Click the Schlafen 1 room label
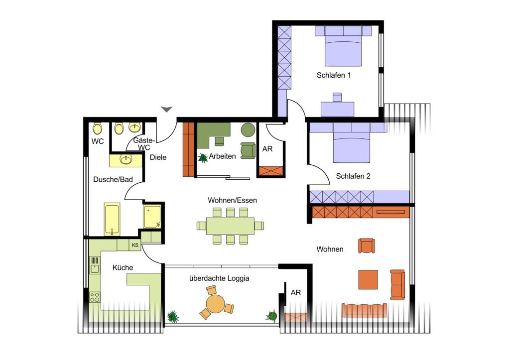point(334,75)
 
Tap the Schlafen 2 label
point(353,176)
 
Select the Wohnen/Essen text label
point(232,200)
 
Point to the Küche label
point(123,268)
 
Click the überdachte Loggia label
point(219,278)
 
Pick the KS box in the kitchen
point(135,245)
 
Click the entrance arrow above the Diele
point(167,109)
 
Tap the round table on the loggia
point(216,303)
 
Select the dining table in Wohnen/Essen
point(230,226)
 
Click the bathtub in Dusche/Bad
point(112,219)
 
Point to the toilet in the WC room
point(97,128)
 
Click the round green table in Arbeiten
point(248,130)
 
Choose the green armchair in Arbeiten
point(248,151)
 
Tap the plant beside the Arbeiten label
point(203,158)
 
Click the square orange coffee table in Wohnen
point(368,279)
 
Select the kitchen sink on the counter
point(95,265)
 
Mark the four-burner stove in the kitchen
point(95,297)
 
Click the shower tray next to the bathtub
point(152,216)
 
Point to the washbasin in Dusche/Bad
point(126,160)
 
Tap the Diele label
point(158,157)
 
